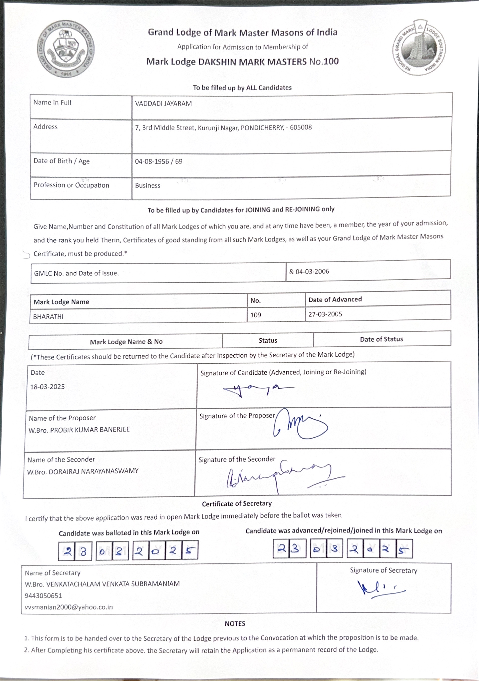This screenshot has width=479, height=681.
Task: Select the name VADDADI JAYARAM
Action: click(x=163, y=103)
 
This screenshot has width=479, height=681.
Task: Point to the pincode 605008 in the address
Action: click(x=301, y=128)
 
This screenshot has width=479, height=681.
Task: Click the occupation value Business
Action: click(x=148, y=186)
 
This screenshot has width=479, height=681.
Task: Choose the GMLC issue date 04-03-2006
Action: click(x=312, y=272)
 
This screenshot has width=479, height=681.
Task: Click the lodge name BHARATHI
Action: click(x=48, y=317)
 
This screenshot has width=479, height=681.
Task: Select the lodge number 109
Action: click(x=256, y=315)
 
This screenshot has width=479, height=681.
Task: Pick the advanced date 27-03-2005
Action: click(x=325, y=314)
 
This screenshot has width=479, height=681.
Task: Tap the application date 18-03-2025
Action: click(x=47, y=387)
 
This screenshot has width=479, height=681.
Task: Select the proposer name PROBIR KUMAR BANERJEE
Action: click(x=90, y=430)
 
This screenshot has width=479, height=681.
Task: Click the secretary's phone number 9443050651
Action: click(x=43, y=596)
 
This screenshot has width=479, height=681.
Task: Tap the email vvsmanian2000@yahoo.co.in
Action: click(x=69, y=607)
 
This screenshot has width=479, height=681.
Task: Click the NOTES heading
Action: click(x=235, y=623)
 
